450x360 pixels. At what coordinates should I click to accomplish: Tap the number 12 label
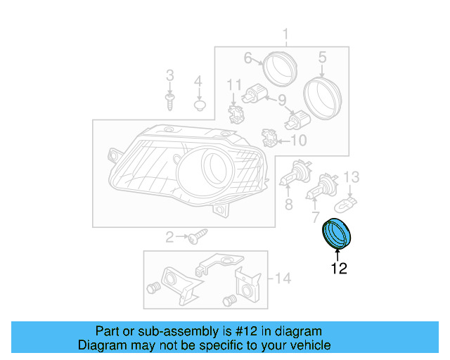pyautogui.click(x=338, y=269)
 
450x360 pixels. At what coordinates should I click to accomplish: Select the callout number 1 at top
pyautogui.click(x=286, y=34)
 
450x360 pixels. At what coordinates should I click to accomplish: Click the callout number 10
pyautogui.click(x=298, y=141)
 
